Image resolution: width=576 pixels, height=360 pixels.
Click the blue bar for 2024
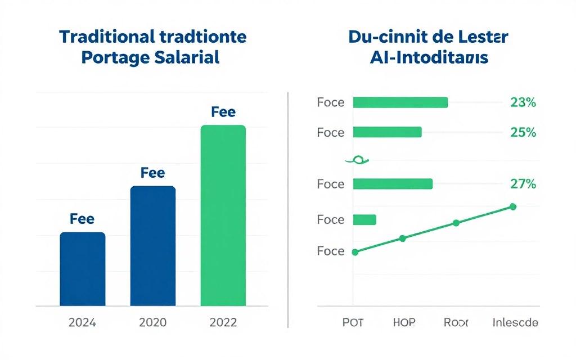(x=82, y=269)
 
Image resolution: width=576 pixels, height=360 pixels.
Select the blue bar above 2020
(x=152, y=246)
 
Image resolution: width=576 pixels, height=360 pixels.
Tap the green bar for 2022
(x=223, y=215)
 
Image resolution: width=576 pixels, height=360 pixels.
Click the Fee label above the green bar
(x=223, y=112)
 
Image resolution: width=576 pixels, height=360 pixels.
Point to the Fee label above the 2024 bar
(x=82, y=219)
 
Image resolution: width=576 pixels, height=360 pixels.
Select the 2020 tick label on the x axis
(x=152, y=323)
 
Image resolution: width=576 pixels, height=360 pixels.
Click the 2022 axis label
(x=223, y=323)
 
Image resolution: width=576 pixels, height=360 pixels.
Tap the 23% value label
(x=523, y=102)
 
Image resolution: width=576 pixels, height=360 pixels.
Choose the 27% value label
(x=523, y=183)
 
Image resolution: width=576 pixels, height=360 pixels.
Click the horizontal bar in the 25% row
(x=387, y=132)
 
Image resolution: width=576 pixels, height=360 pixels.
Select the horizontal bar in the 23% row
(x=400, y=102)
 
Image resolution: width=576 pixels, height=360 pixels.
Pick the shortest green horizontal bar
(x=364, y=220)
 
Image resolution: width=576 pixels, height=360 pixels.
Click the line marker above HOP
(x=402, y=238)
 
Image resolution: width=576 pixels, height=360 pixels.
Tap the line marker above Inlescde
(x=512, y=206)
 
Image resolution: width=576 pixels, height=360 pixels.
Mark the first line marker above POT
(x=354, y=253)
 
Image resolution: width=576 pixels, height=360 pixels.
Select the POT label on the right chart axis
(x=353, y=323)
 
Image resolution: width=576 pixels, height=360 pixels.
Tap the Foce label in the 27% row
(x=330, y=184)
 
